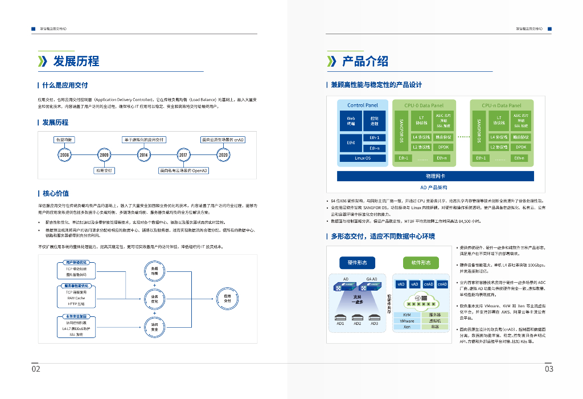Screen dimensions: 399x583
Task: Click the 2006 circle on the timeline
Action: (64, 154)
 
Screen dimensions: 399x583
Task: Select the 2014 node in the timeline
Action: (143, 154)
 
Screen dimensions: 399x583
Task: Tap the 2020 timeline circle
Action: (223, 154)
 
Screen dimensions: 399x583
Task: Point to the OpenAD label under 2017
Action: (183, 170)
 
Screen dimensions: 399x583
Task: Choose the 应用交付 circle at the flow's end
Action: (227, 298)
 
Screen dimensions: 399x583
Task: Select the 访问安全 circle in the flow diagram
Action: (154, 325)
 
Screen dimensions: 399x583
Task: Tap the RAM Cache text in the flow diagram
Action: (76, 298)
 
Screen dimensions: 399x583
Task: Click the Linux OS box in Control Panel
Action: (363, 158)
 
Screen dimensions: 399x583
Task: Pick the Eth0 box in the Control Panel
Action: (351, 142)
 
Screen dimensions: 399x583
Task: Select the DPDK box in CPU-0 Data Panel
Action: (444, 146)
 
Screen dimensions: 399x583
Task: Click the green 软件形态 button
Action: (421, 263)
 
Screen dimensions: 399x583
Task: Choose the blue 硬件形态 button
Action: (357, 263)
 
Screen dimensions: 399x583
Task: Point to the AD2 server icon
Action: (357, 317)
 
